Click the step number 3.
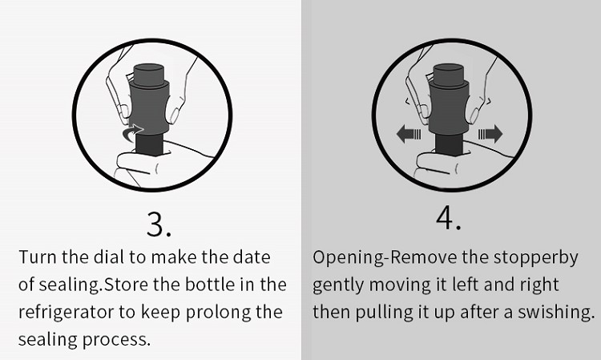pos(159,224)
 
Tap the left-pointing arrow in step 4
pos(409,134)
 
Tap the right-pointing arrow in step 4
pos(490,134)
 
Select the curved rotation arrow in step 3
pos(132,132)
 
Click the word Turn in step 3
pos(38,257)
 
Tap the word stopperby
pos(535,257)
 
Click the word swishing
pos(556,313)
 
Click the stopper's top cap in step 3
pos(149,75)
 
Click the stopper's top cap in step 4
pos(448,75)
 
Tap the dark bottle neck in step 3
pos(150,144)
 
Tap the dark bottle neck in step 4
pos(450,144)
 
